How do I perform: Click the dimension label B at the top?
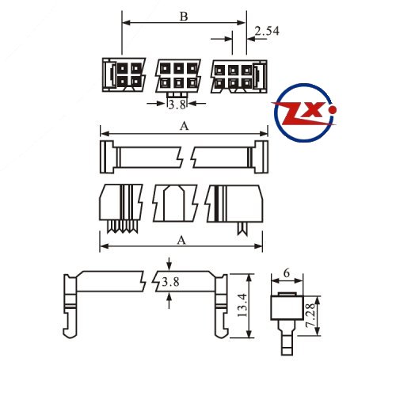point(184,17)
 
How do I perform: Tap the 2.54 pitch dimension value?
point(267,31)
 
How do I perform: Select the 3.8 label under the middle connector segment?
point(177,105)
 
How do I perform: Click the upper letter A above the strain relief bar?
point(185,126)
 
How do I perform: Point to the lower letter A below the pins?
point(181,240)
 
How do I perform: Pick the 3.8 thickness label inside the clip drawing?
point(170,282)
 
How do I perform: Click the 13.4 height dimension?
point(242,305)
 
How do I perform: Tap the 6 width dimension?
point(287,273)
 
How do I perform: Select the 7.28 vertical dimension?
point(310,315)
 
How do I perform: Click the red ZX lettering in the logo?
point(303,113)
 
